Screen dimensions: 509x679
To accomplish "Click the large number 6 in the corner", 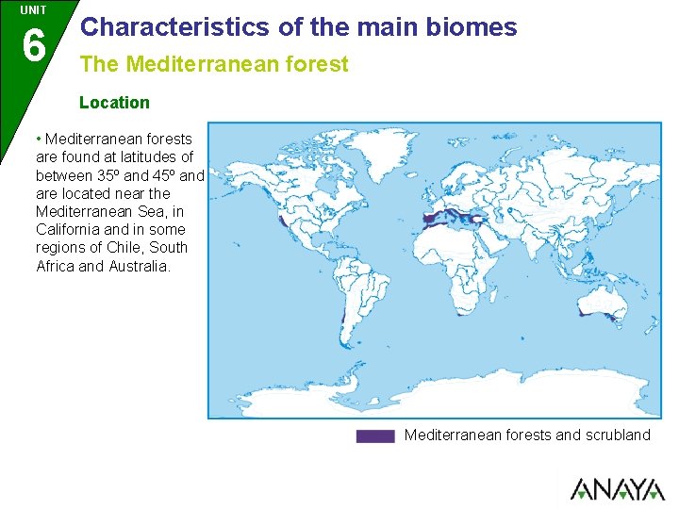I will point(33,44).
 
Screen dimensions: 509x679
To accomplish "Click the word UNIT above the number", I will point(33,9).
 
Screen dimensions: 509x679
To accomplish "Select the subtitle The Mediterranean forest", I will point(214,65).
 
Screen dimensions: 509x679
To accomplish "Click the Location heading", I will point(114,103).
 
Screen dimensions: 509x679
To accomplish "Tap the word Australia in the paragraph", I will point(141,266).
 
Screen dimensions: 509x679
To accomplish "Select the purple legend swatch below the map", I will point(374,435).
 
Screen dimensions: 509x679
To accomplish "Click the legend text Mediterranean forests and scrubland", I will point(527,435).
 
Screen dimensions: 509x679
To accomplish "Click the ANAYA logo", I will point(617,489).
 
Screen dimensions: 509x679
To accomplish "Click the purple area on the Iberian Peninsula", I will point(430,217).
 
